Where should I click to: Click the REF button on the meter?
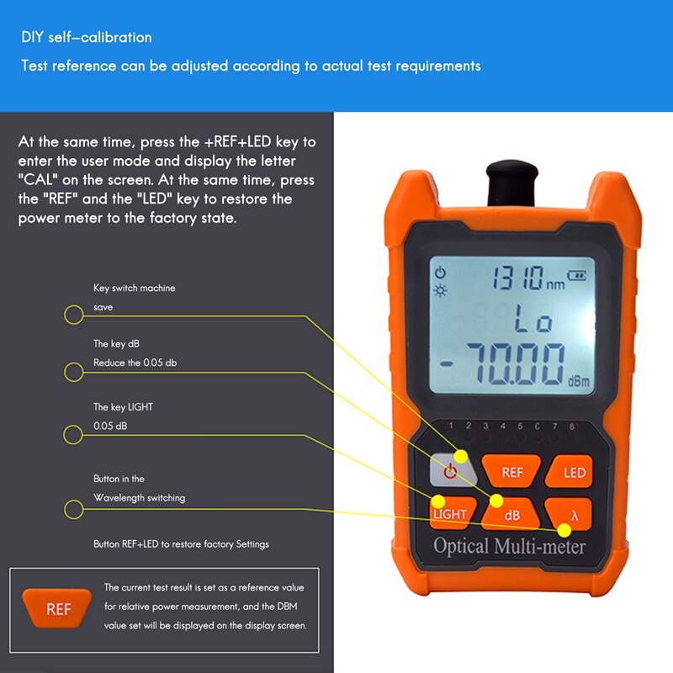[x=511, y=473]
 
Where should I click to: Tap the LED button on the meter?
[x=575, y=473]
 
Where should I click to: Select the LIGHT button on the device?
[x=450, y=514]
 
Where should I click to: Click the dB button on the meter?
[x=511, y=514]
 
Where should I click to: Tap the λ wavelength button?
[x=575, y=513]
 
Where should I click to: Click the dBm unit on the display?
[x=578, y=381]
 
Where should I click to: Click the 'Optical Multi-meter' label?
[x=509, y=546]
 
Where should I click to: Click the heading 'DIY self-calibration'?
[x=87, y=38]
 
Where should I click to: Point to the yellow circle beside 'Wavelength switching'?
[x=74, y=509]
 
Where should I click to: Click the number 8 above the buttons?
[x=571, y=427]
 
